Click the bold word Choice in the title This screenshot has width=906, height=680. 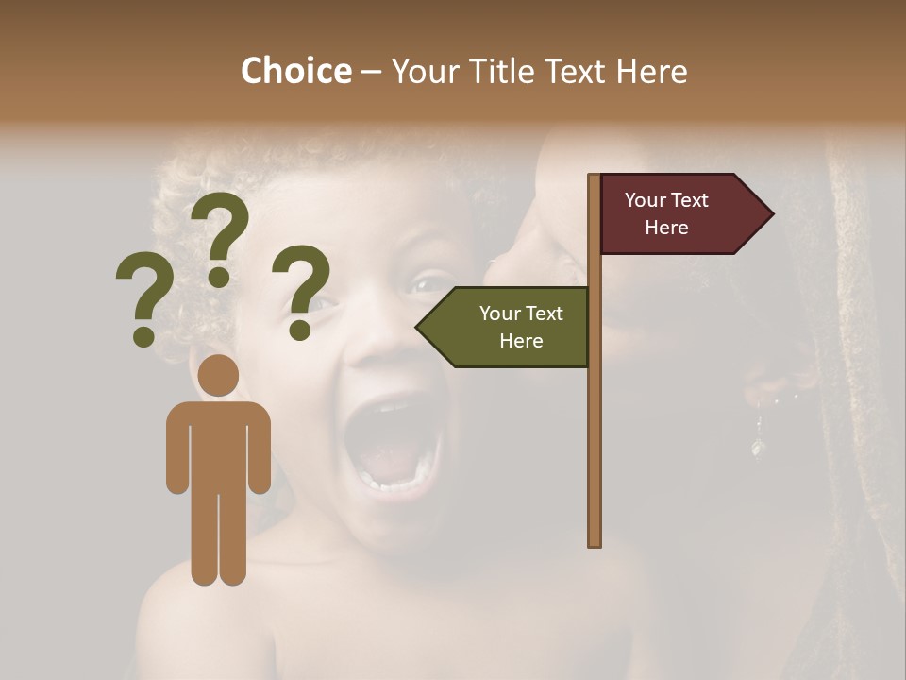pos(295,71)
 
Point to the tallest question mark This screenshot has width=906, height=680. pos(220,237)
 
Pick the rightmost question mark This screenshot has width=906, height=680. pos(301,291)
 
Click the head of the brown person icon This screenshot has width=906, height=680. pos(219,376)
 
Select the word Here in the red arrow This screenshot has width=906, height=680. pos(666,228)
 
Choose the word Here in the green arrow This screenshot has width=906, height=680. pos(521,341)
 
